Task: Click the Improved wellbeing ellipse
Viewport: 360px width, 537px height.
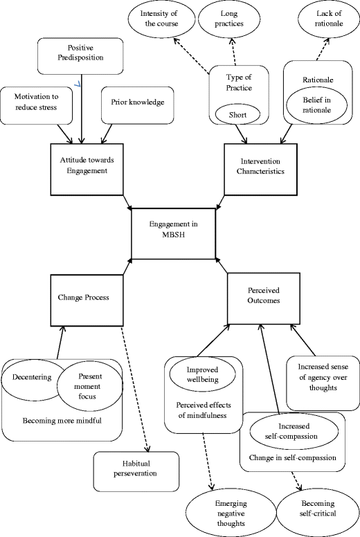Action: tap(202, 375)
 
